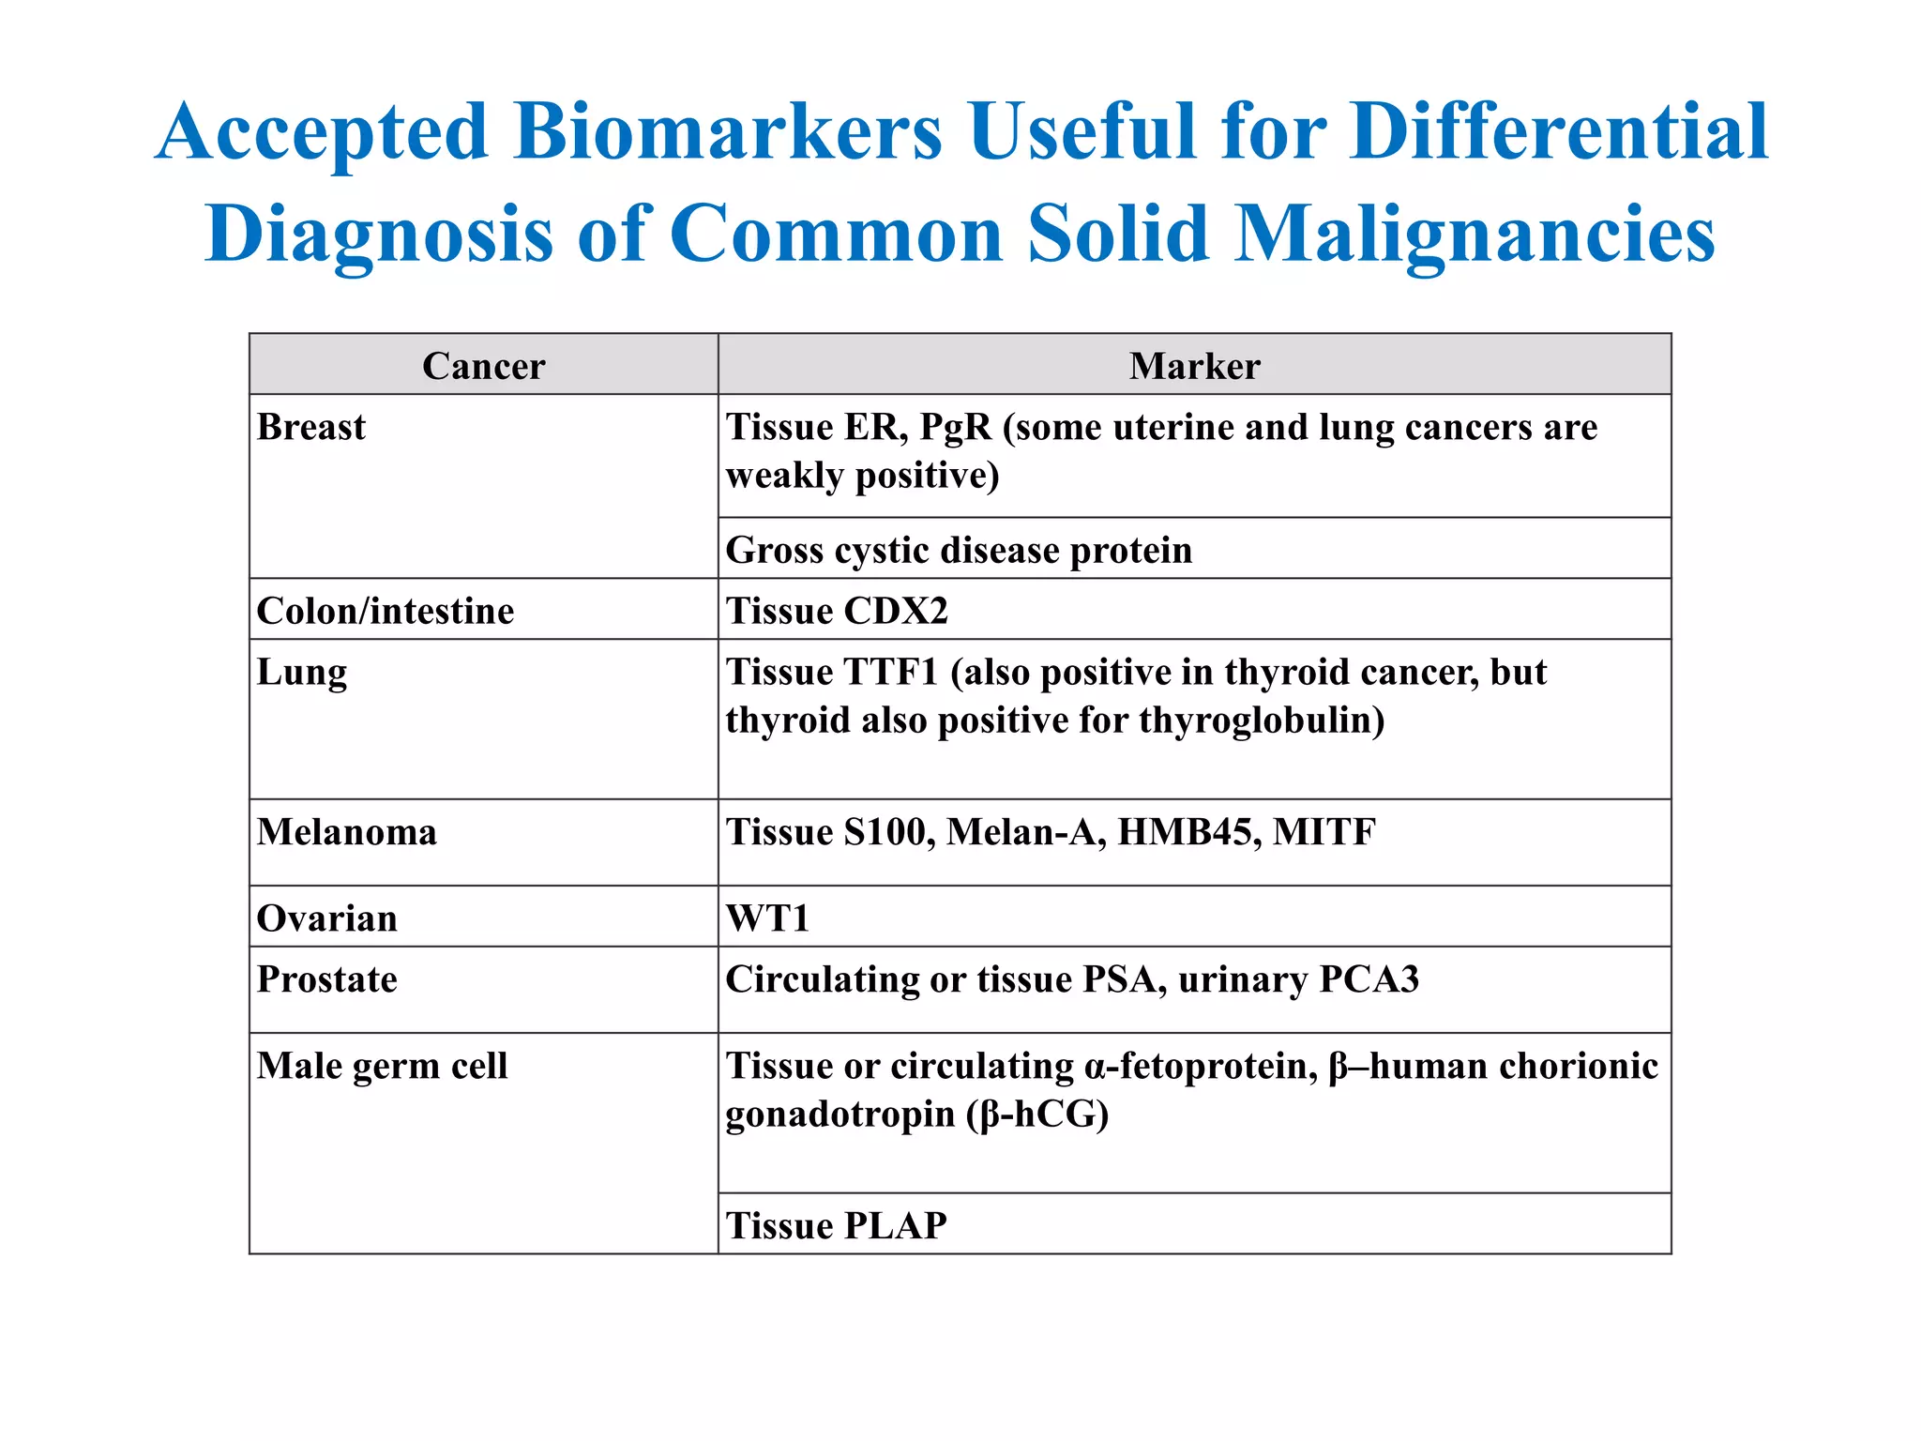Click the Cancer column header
pos(483,366)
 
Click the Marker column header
pos(1194,366)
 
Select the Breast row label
pos(310,428)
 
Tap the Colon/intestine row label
pos(386,612)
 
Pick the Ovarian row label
pos(327,918)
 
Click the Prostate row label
pos(327,979)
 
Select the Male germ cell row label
pos(383,1067)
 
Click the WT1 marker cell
pos(767,918)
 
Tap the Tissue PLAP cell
pos(837,1226)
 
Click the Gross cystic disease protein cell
pos(959,551)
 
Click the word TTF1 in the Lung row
pos(890,673)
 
